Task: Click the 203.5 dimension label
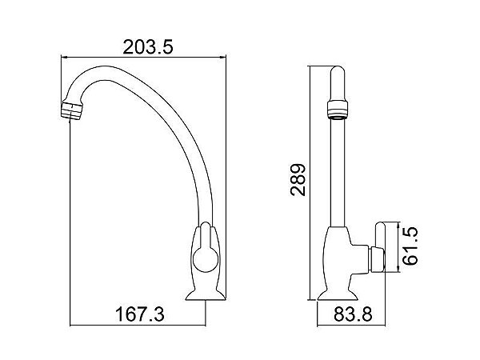tap(148, 47)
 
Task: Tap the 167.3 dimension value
tap(139, 314)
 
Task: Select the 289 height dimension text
tap(298, 180)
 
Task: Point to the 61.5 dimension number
tap(410, 246)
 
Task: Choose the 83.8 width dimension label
tap(353, 314)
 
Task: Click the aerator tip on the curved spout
tap(72, 110)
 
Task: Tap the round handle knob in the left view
tap(206, 259)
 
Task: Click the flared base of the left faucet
tap(206, 294)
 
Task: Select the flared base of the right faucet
tap(338, 295)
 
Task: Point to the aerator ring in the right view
tap(338, 110)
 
